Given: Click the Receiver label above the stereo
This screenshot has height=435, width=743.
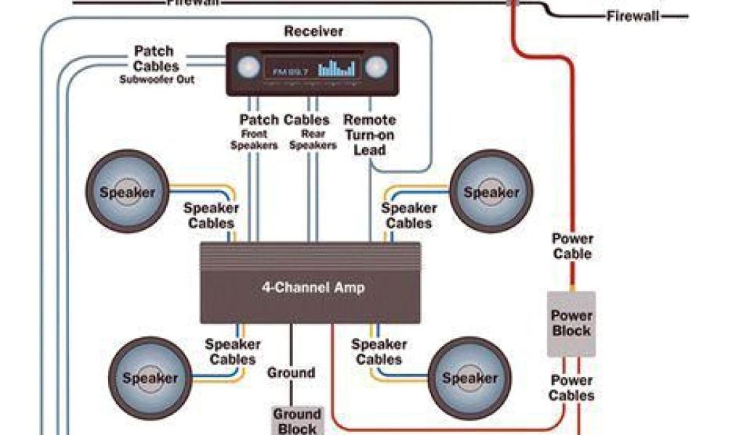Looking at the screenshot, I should (x=313, y=31).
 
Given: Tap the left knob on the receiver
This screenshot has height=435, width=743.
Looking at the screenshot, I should (x=247, y=68).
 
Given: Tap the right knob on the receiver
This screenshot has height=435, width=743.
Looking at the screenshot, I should (x=375, y=68).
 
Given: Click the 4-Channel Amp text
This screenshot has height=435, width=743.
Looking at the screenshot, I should (x=313, y=287).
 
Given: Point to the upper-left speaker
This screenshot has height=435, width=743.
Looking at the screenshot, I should (x=127, y=192).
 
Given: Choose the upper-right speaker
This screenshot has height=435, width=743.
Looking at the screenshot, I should (x=491, y=192).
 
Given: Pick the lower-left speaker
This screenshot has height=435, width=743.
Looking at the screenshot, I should (x=149, y=378).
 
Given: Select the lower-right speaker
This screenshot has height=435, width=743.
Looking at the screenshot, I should (x=469, y=378).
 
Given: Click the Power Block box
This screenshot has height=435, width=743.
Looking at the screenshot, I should (x=571, y=323).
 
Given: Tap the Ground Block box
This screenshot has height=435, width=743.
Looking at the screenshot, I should (x=296, y=420).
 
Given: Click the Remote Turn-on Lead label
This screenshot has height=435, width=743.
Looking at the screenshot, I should (x=369, y=134).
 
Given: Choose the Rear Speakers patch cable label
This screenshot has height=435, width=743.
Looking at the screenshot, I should (x=313, y=139).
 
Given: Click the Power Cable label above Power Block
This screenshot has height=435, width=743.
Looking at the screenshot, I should (x=572, y=246).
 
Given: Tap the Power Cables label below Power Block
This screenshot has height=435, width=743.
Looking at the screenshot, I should (x=571, y=388).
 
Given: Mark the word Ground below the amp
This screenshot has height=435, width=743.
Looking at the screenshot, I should (x=291, y=373).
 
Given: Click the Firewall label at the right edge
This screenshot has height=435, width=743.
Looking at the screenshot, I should (x=633, y=16).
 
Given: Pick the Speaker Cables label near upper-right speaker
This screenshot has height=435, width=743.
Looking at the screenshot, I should (x=409, y=215).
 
